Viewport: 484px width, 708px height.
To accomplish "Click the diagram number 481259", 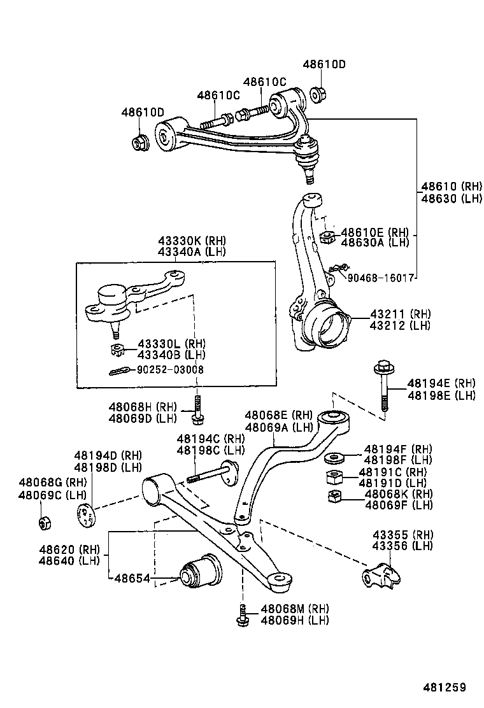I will point(445,688).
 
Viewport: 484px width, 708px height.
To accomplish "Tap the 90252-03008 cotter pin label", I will point(170,369).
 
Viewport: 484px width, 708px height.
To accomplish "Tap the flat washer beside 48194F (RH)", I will point(336,457).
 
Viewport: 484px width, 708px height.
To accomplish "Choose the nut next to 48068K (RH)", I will point(334,497).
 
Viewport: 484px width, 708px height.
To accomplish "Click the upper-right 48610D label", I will point(324,64).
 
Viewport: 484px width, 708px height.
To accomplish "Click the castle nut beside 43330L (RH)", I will point(116,349).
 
